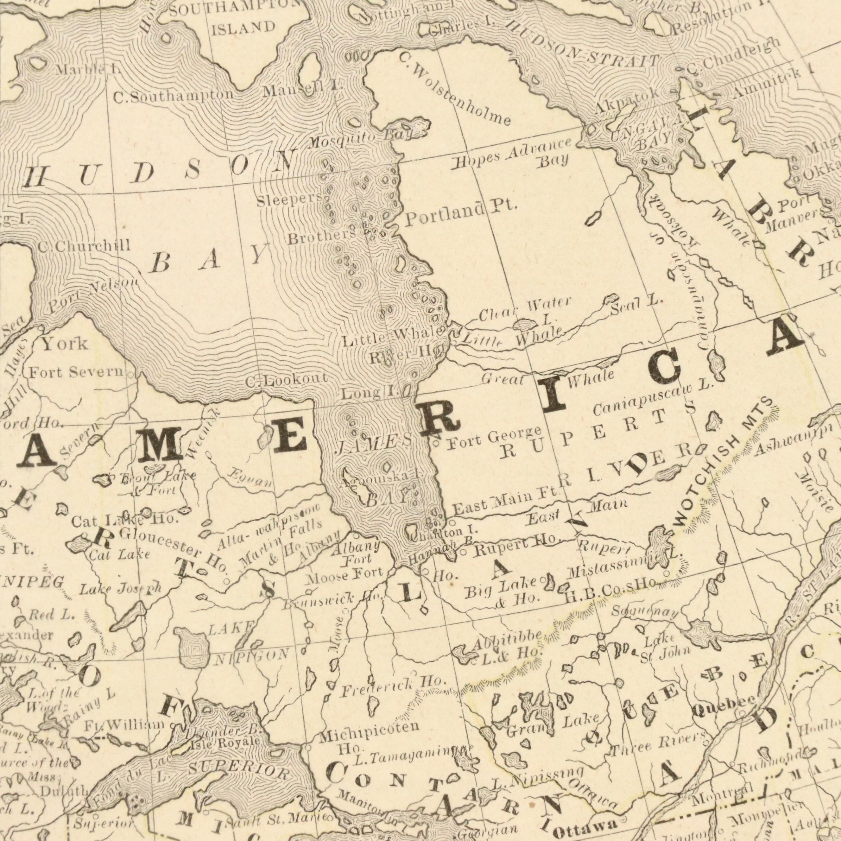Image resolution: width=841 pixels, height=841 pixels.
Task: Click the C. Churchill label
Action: pos(84,246)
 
